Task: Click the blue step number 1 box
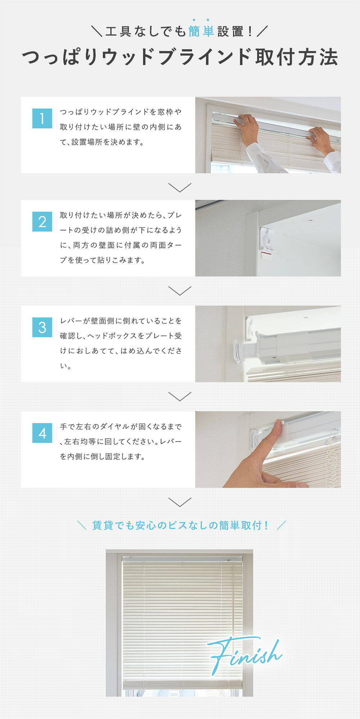(x=42, y=118)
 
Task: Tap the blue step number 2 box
(x=42, y=222)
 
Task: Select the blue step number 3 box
(x=42, y=327)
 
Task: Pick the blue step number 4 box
(x=42, y=433)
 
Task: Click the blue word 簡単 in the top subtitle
(x=201, y=32)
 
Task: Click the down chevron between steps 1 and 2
(x=180, y=187)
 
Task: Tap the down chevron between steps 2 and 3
(x=180, y=291)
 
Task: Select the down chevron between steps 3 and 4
(x=180, y=397)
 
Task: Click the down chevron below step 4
(x=180, y=502)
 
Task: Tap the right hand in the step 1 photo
(x=320, y=140)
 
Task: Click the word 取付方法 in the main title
(x=297, y=57)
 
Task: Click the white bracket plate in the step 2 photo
(x=267, y=241)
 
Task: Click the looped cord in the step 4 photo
(x=332, y=457)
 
